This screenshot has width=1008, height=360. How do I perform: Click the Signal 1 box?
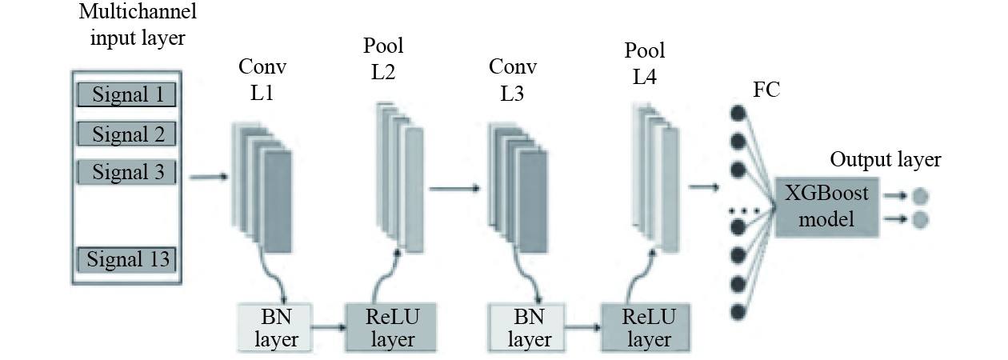click(127, 95)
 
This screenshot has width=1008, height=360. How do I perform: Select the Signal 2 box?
click(127, 133)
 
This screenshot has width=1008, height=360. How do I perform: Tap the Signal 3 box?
click(127, 171)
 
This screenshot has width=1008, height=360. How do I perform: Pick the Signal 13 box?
click(127, 259)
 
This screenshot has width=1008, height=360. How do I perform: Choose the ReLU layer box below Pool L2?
click(391, 328)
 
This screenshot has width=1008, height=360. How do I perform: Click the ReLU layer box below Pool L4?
click(648, 328)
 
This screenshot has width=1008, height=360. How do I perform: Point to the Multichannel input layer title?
click(138, 26)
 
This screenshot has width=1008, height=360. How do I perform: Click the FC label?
click(766, 90)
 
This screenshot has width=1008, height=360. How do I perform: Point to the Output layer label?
click(885, 159)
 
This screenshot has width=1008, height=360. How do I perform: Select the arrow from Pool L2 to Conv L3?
click(454, 189)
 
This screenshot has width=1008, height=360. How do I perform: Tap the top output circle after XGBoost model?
click(920, 194)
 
